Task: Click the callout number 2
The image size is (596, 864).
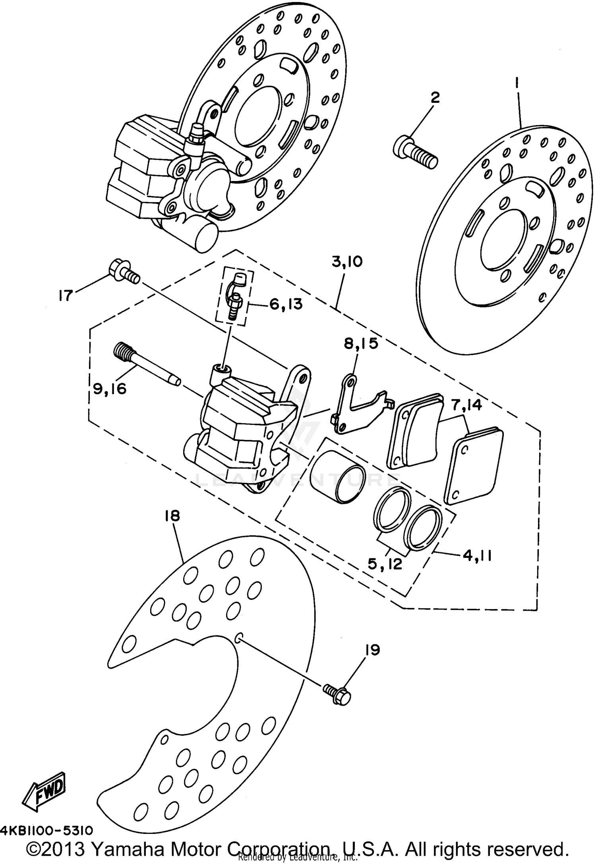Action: (x=435, y=97)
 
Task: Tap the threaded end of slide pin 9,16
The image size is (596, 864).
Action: (x=124, y=351)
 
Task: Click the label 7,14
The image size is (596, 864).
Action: (x=466, y=405)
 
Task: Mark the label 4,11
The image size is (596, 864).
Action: (x=477, y=556)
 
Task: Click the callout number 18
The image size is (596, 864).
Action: (x=172, y=516)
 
